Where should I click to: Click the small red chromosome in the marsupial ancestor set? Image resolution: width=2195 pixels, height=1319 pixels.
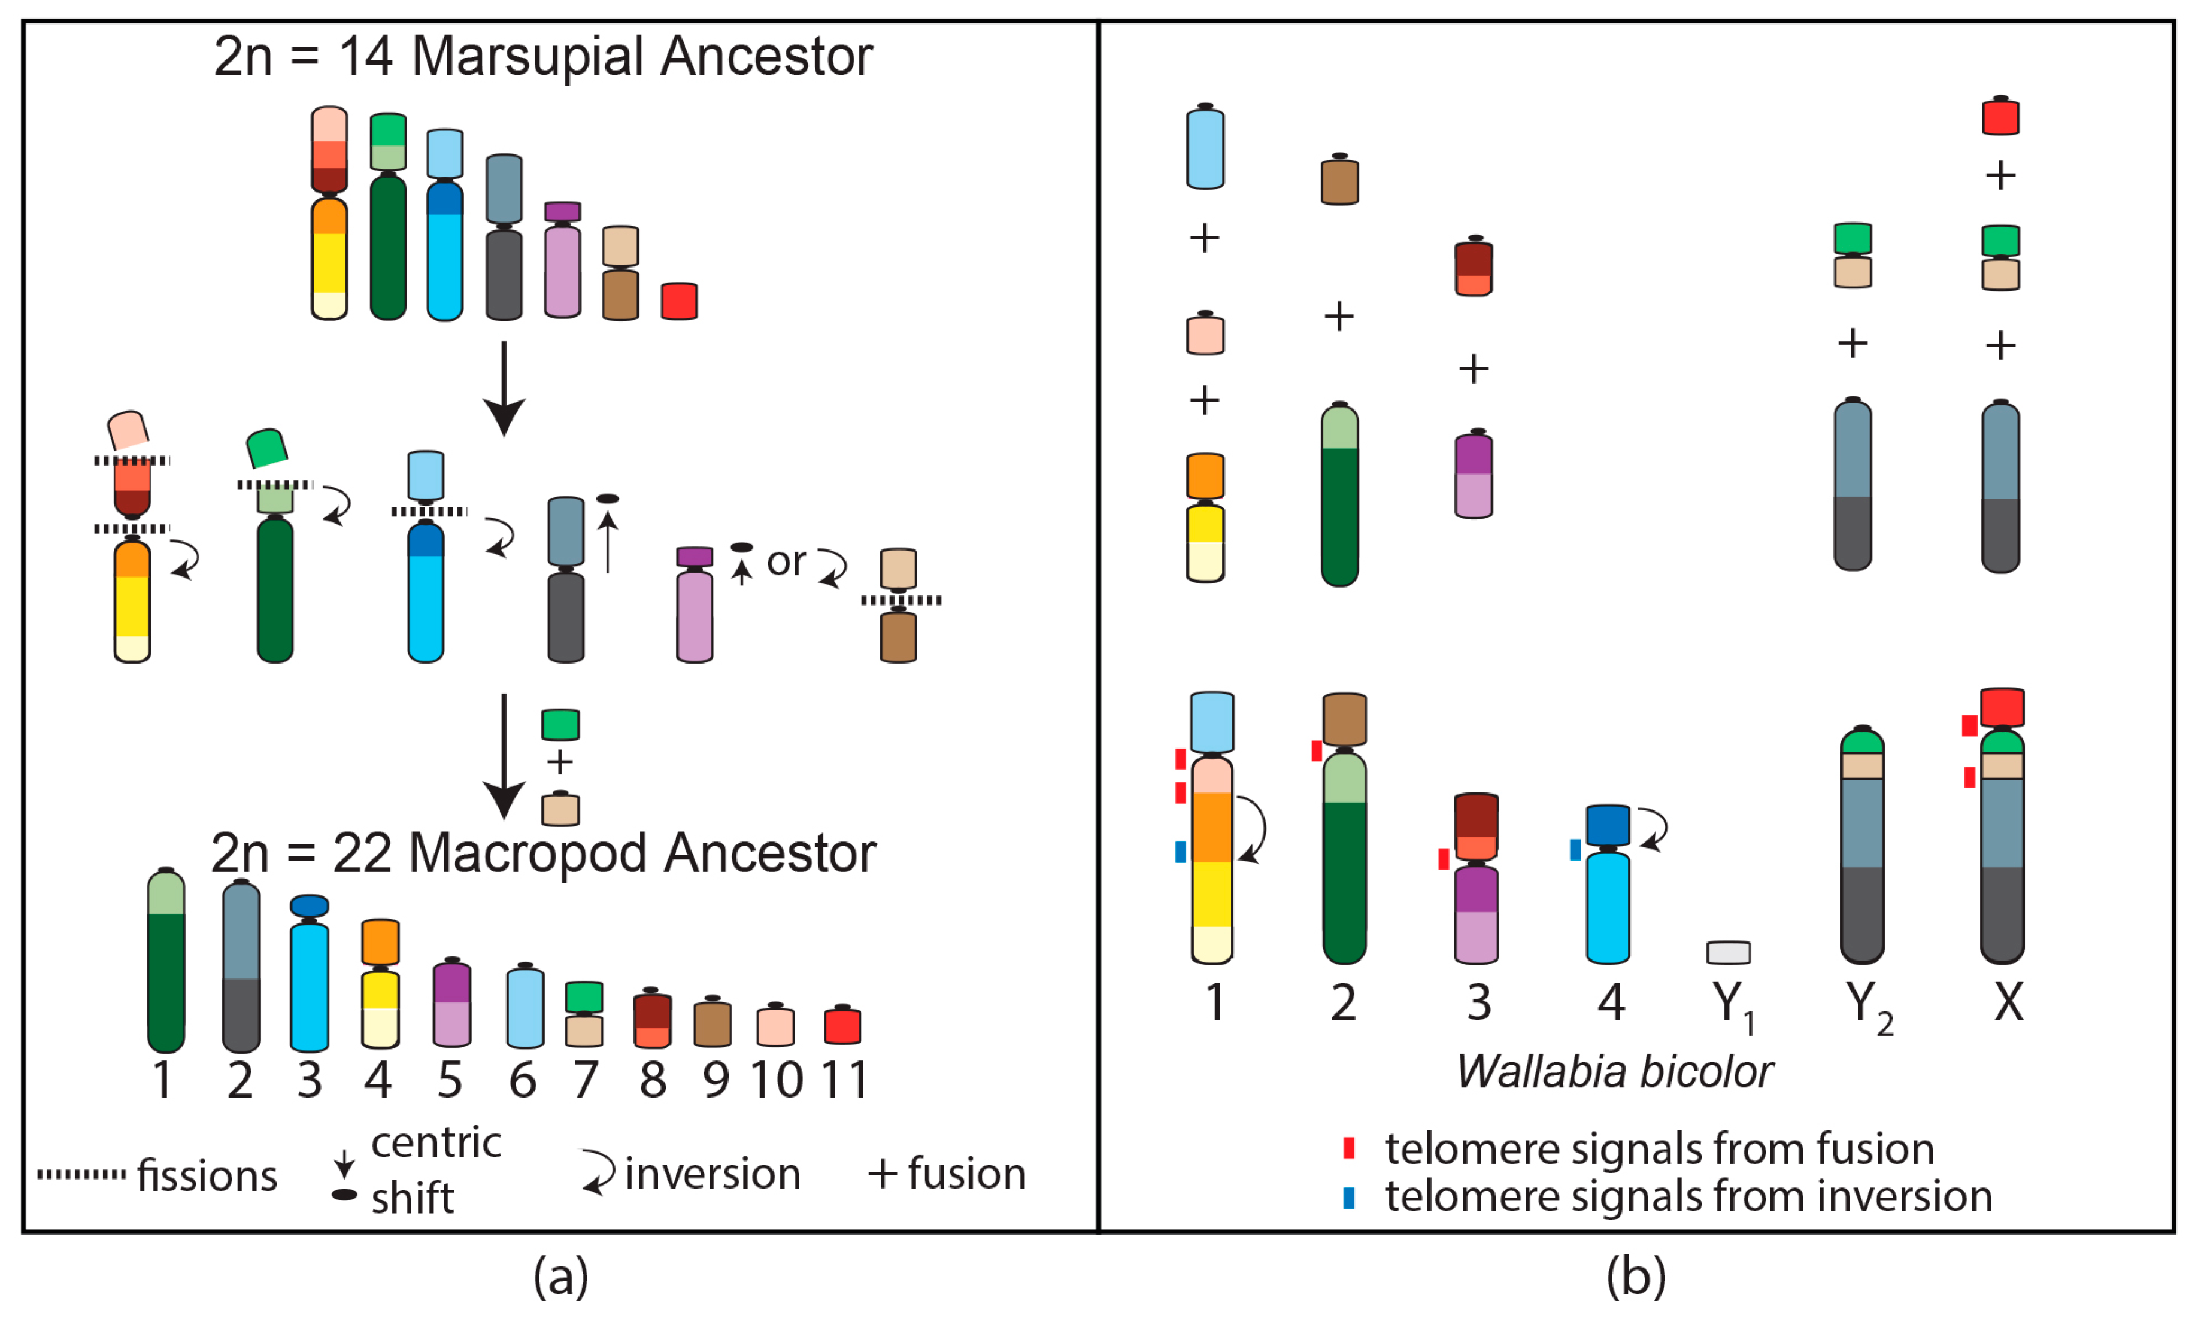pos(679,301)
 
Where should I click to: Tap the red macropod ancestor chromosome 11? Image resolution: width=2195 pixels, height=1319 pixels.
pos(842,1026)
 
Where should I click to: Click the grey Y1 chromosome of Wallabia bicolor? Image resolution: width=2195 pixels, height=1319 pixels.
pos(1728,953)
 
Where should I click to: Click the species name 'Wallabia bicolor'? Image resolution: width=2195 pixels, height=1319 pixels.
pos(1614,1072)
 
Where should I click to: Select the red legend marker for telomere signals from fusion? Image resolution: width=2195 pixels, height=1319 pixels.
pos(1348,1148)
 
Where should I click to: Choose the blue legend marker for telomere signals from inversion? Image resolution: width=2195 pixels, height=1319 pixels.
pos(1348,1198)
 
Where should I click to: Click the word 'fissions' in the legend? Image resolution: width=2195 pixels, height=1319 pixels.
pos(207,1176)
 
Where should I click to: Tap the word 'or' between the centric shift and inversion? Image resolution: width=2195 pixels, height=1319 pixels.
pos(786,562)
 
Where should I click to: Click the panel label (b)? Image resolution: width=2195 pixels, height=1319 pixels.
pos(1636,1277)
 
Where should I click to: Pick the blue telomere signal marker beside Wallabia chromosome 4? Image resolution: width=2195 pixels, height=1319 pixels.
pos(1575,850)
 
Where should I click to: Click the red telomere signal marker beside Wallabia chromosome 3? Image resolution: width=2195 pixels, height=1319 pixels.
pos(1444,859)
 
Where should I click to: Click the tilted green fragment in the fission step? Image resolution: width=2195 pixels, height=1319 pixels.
pos(266,448)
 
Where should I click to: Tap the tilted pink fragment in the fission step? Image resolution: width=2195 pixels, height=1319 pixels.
pos(128,430)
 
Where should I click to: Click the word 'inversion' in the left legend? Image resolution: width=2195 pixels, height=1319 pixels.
pos(712,1174)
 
